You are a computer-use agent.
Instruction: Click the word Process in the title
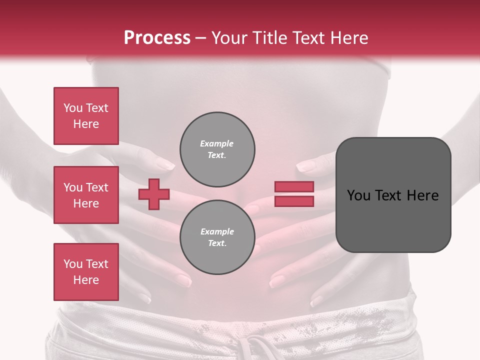coord(157,38)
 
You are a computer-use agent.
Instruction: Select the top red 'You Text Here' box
coord(86,116)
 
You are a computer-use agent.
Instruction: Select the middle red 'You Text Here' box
coord(86,195)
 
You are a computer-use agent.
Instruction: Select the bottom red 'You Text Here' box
coord(86,272)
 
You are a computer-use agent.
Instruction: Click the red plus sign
coord(154,194)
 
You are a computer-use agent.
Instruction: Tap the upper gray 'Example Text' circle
coord(217,149)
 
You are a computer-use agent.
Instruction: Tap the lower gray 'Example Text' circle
coord(217,237)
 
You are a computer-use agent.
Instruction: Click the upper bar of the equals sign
coord(294,187)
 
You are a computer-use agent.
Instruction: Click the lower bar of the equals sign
coord(294,201)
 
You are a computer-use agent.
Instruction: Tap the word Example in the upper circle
coord(217,143)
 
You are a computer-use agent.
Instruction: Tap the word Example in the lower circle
coord(217,231)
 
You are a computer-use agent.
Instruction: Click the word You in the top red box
coord(73,108)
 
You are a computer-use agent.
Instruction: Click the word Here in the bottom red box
coord(86,280)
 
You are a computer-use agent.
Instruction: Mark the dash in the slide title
coord(200,38)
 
